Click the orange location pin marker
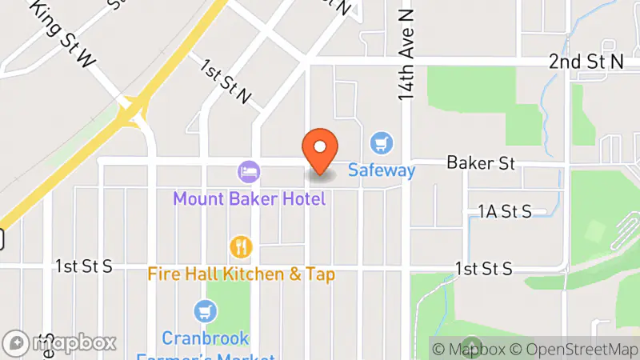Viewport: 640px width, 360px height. (x=320, y=150)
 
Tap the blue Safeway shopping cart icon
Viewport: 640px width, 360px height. (x=382, y=144)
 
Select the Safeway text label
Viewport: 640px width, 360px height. (x=382, y=170)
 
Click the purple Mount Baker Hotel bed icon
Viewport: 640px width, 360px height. (x=248, y=170)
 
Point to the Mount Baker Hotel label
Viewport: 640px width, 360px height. (x=250, y=198)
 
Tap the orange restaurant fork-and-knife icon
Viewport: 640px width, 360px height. (x=241, y=246)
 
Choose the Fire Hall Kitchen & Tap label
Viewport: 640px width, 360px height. (x=241, y=274)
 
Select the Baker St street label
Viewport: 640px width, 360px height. (x=480, y=163)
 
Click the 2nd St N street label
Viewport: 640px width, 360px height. (x=586, y=62)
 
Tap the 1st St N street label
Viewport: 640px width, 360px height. (x=226, y=82)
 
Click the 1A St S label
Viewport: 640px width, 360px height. (x=505, y=211)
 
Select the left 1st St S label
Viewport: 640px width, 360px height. (x=84, y=266)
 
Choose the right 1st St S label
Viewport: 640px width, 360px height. (x=483, y=269)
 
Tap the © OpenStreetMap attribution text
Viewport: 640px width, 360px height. (x=574, y=349)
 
